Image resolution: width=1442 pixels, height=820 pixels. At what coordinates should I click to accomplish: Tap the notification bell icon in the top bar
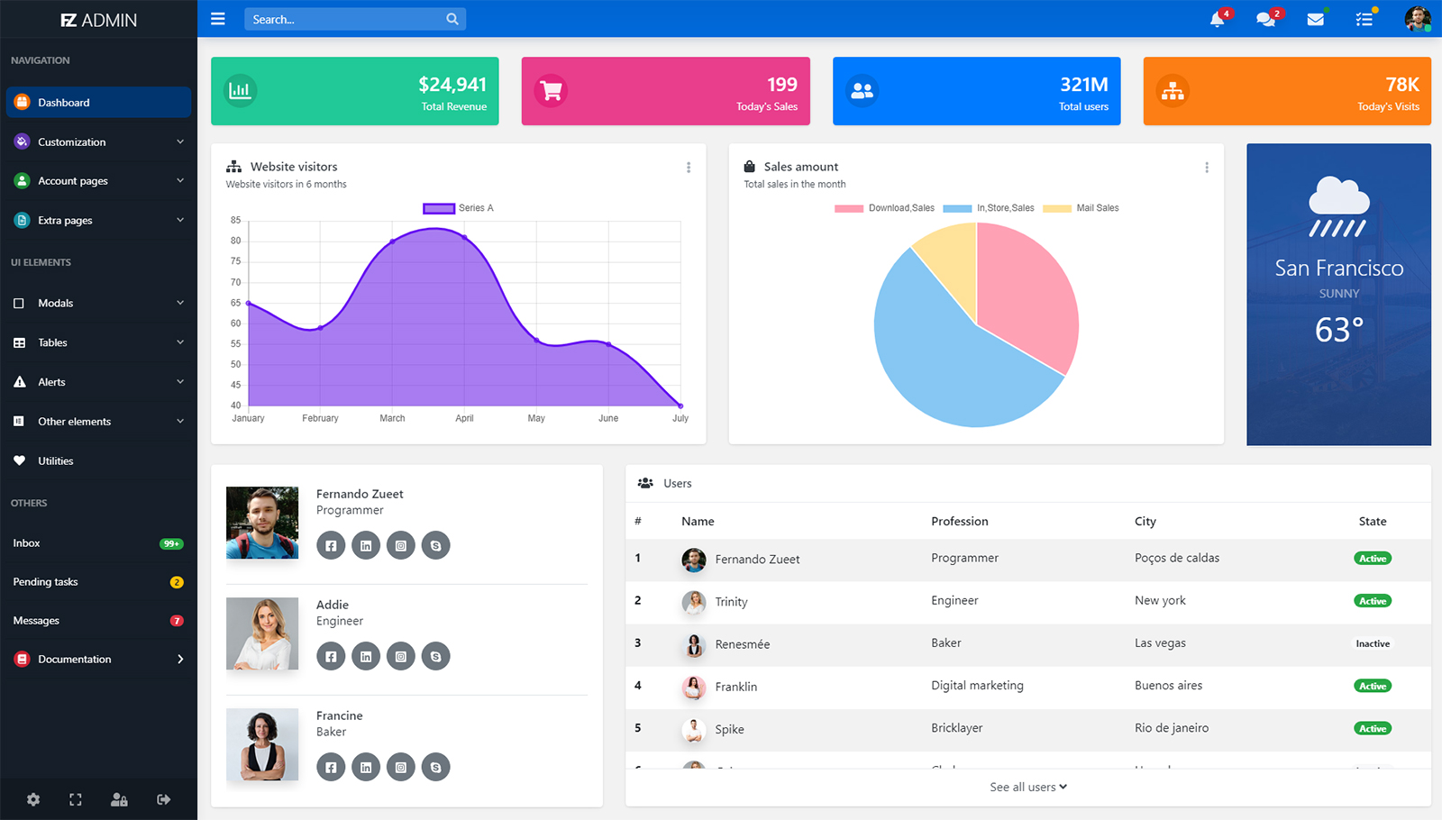coord(1217,19)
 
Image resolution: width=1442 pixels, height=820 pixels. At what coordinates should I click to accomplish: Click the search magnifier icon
coord(452,19)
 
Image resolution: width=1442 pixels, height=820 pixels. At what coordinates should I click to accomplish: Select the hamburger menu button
coord(218,19)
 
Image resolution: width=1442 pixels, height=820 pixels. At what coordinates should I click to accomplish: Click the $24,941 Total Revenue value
coord(452,85)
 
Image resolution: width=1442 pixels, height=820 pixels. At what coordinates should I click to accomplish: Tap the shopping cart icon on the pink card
coord(551,91)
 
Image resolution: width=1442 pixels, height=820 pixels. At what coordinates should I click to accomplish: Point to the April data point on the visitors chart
coord(464,237)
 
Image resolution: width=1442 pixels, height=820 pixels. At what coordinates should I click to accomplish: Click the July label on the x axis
coord(680,418)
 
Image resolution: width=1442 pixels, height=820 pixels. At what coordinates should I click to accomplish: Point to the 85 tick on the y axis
coord(236,220)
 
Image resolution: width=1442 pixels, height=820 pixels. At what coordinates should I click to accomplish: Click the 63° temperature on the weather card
coord(1338,330)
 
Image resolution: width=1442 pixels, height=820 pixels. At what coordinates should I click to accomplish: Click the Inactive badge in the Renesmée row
coord(1373,643)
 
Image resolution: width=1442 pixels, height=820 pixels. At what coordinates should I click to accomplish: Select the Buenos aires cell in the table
coord(1168,686)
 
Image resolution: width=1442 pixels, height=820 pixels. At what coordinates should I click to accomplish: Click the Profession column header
coord(960,522)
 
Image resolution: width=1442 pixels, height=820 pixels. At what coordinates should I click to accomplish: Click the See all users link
coord(1027,787)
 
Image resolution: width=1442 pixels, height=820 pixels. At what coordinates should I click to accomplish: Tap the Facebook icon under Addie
coord(331,656)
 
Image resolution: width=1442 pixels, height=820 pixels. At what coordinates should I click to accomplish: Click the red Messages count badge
coord(177,621)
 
